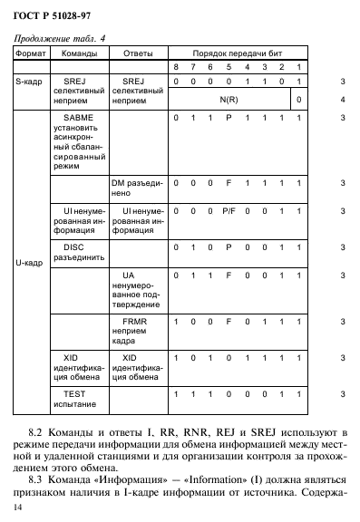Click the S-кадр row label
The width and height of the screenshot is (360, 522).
[31, 81]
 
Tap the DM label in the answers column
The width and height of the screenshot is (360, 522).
[118, 181]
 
